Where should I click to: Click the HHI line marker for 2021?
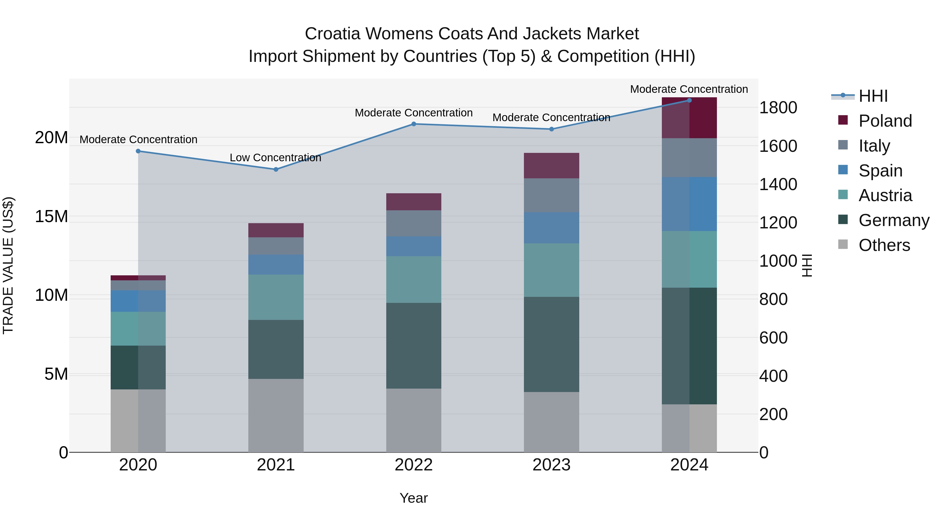point(276,169)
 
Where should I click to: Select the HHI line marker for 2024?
point(689,100)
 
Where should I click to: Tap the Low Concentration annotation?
point(275,158)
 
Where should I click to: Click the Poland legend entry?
point(885,121)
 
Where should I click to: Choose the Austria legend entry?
point(885,195)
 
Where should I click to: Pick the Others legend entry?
point(884,245)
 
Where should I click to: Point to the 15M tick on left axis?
point(51,217)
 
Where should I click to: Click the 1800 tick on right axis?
point(778,108)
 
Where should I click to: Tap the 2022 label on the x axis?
point(413,465)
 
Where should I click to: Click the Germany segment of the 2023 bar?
point(551,345)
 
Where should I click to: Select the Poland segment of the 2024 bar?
point(689,118)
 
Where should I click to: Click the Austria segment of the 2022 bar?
point(413,279)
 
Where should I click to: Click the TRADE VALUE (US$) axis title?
point(8,265)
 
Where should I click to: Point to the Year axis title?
point(413,498)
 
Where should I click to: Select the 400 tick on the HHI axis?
point(773,376)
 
